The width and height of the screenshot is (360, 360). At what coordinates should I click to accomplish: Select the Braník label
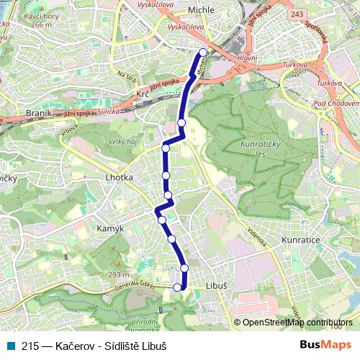point(38,113)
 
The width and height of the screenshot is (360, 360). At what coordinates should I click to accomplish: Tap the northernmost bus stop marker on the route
point(203,52)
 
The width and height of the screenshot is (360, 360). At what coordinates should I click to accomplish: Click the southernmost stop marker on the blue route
point(178,287)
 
